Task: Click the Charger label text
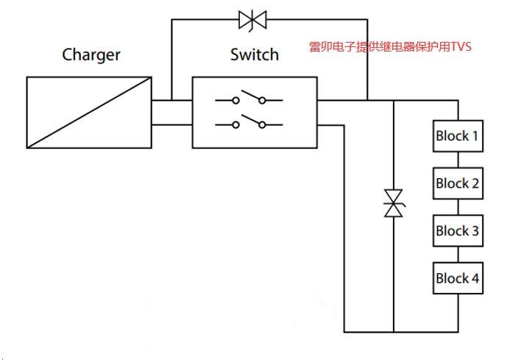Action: [91, 54]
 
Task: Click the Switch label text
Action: [254, 54]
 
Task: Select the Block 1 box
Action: [457, 136]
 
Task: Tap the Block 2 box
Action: [457, 183]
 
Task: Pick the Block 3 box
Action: [457, 231]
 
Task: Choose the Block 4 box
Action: [457, 278]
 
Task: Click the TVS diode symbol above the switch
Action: [252, 20]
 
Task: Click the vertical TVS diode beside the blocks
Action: [394, 203]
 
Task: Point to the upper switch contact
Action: [253, 99]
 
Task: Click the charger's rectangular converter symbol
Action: [89, 112]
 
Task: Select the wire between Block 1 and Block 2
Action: [457, 160]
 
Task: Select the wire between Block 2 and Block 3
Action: [457, 207]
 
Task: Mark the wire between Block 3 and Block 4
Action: [457, 255]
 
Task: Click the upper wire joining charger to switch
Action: [171, 100]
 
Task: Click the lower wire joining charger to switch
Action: [171, 124]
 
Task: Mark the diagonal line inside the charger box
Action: [89, 112]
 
